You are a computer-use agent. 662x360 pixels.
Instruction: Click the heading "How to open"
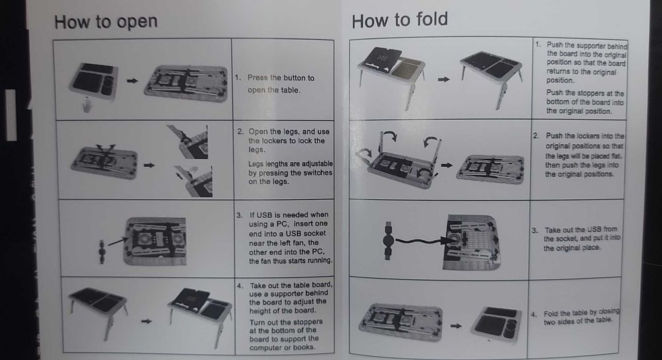pos(105,21)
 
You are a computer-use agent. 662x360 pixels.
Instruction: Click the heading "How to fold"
pos(399,20)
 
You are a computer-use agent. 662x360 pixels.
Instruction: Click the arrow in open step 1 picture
pos(132,80)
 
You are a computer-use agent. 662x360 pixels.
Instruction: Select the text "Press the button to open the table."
pos(281,83)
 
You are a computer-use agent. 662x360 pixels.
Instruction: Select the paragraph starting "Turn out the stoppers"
pos(287,334)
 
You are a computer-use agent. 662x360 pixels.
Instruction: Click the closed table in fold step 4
pos(502,325)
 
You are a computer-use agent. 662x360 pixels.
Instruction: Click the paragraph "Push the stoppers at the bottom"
pos(585,102)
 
